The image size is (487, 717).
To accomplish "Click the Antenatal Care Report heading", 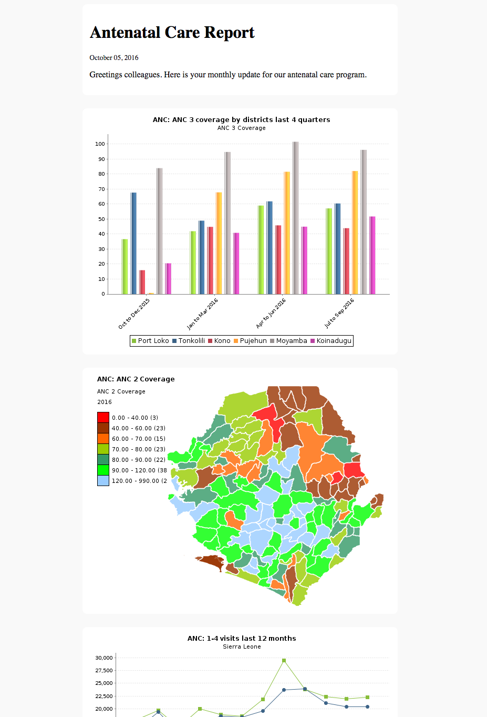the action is point(172,33).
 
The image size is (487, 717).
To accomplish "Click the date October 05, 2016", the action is point(114,58).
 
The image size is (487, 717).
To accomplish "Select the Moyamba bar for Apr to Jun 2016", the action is point(295,218).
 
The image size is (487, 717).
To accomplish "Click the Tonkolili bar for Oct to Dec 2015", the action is point(133,243).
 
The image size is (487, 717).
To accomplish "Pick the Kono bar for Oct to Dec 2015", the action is point(142,282).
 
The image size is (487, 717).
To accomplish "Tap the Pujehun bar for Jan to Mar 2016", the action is point(219,243).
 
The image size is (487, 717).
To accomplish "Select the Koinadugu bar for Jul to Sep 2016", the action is point(372,255).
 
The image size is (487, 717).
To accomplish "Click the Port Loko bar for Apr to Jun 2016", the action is point(261,250).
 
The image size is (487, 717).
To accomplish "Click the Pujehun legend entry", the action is point(251,340).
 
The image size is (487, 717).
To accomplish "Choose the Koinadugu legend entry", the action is point(331,340).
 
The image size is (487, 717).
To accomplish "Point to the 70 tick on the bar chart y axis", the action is point(102,189).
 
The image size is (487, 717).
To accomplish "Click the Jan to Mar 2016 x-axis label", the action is point(202,314).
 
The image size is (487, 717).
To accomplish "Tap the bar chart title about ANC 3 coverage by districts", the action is point(242,120).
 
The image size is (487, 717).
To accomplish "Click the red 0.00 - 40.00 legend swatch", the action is point(103,417).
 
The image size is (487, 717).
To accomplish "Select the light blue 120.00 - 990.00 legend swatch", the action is point(103,480).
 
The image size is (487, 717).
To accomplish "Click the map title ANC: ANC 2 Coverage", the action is point(136,379).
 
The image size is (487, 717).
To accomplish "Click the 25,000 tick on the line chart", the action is point(104,683).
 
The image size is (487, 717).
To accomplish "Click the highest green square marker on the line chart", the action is point(284,661).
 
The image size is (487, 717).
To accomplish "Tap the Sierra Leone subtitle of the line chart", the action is point(242,647).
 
